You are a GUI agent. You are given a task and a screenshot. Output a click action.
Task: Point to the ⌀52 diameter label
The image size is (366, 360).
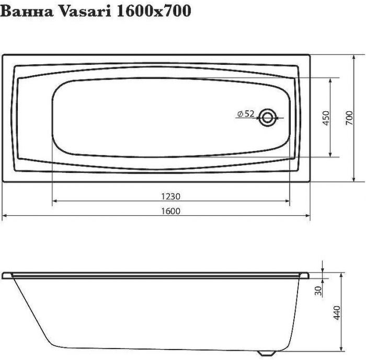pyautogui.click(x=245, y=113)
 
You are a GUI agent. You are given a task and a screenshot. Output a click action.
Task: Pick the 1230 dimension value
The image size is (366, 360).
pyautogui.click(x=171, y=196)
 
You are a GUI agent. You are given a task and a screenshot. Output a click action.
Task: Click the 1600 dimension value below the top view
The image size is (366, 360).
pyautogui.click(x=171, y=211)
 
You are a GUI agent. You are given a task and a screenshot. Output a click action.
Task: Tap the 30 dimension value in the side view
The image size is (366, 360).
pyautogui.click(x=318, y=291)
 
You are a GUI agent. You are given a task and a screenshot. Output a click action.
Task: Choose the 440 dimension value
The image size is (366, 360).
pyautogui.click(x=337, y=313)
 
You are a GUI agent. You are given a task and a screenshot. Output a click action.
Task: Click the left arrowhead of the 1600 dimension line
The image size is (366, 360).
pyautogui.click(x=5, y=215)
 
